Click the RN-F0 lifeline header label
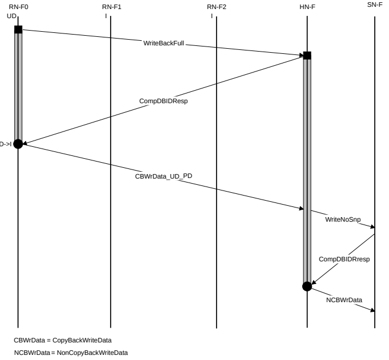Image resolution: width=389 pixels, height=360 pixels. [x=18, y=7]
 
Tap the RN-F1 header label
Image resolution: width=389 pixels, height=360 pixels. [x=111, y=7]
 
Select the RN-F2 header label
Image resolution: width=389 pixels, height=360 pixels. [x=216, y=7]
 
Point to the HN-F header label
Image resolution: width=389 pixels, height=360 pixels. [x=307, y=7]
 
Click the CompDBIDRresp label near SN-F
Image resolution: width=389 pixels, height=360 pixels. [x=344, y=259]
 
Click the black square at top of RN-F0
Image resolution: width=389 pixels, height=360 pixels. [x=18, y=29]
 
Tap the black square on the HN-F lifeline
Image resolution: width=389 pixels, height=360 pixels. [x=307, y=56]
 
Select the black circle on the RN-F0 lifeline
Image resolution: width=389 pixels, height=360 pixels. [x=18, y=144]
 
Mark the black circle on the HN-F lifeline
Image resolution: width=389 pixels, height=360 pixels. [x=307, y=286]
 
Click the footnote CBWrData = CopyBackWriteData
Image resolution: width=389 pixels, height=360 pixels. [x=62, y=341]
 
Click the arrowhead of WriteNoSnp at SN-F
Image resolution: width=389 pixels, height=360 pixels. [x=373, y=228]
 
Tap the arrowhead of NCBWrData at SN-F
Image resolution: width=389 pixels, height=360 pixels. [x=373, y=310]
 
